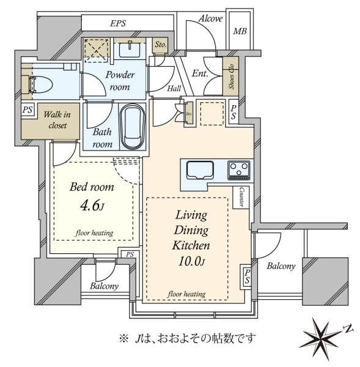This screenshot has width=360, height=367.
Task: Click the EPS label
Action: pos(118,23)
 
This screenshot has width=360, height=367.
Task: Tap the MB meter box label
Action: pos(240,31)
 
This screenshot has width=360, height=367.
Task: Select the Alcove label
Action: pos(210,19)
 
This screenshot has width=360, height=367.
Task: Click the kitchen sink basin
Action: pos(200,170)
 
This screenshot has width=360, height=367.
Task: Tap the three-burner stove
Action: pos(238,170)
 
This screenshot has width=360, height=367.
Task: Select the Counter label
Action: pos(241,197)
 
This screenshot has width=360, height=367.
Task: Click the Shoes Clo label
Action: pos(231,76)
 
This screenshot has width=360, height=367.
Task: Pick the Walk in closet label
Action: pos(57,120)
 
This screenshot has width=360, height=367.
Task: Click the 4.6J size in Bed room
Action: pos(92,206)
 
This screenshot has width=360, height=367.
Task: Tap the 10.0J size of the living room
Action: pos(191,261)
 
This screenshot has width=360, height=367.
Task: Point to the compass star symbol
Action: pos(321,338)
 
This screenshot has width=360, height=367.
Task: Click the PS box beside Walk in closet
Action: pos(28,109)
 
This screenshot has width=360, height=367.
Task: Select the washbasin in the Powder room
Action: pos(130,50)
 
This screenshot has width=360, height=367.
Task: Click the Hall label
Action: pos(174,88)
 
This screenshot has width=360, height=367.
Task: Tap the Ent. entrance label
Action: pos(200,73)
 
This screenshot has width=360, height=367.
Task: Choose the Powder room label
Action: pos(120,81)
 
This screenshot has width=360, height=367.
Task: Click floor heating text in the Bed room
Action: pos(94,233)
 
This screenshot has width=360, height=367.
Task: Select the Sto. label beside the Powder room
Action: pos(161,44)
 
